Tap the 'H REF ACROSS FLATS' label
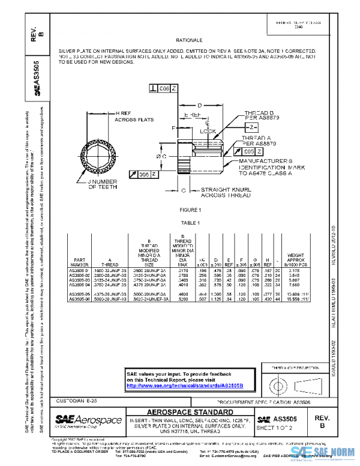tap(134, 117)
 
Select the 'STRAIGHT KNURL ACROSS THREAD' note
tap(221, 192)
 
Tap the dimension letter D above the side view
tap(200, 104)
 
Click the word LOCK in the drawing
tap(208, 130)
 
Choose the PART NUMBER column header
tap(80, 261)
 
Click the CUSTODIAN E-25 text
tap(76, 400)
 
